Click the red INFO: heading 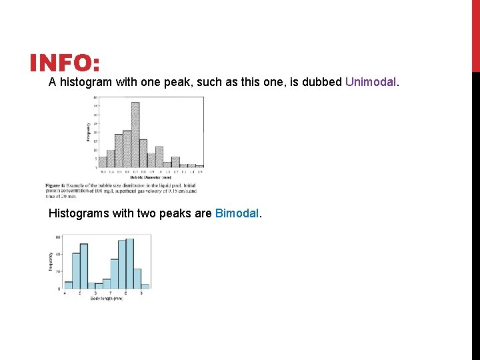(x=65, y=64)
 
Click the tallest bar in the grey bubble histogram (x=135, y=134)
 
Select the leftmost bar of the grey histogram (x=103, y=162)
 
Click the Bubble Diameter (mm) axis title (x=150, y=177)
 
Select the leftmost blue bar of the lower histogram (x=68, y=285)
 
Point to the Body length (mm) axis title (x=107, y=298)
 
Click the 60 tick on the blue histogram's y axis (x=58, y=237)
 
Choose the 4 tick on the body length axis (x=65, y=293)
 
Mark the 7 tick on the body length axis (x=111, y=293)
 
